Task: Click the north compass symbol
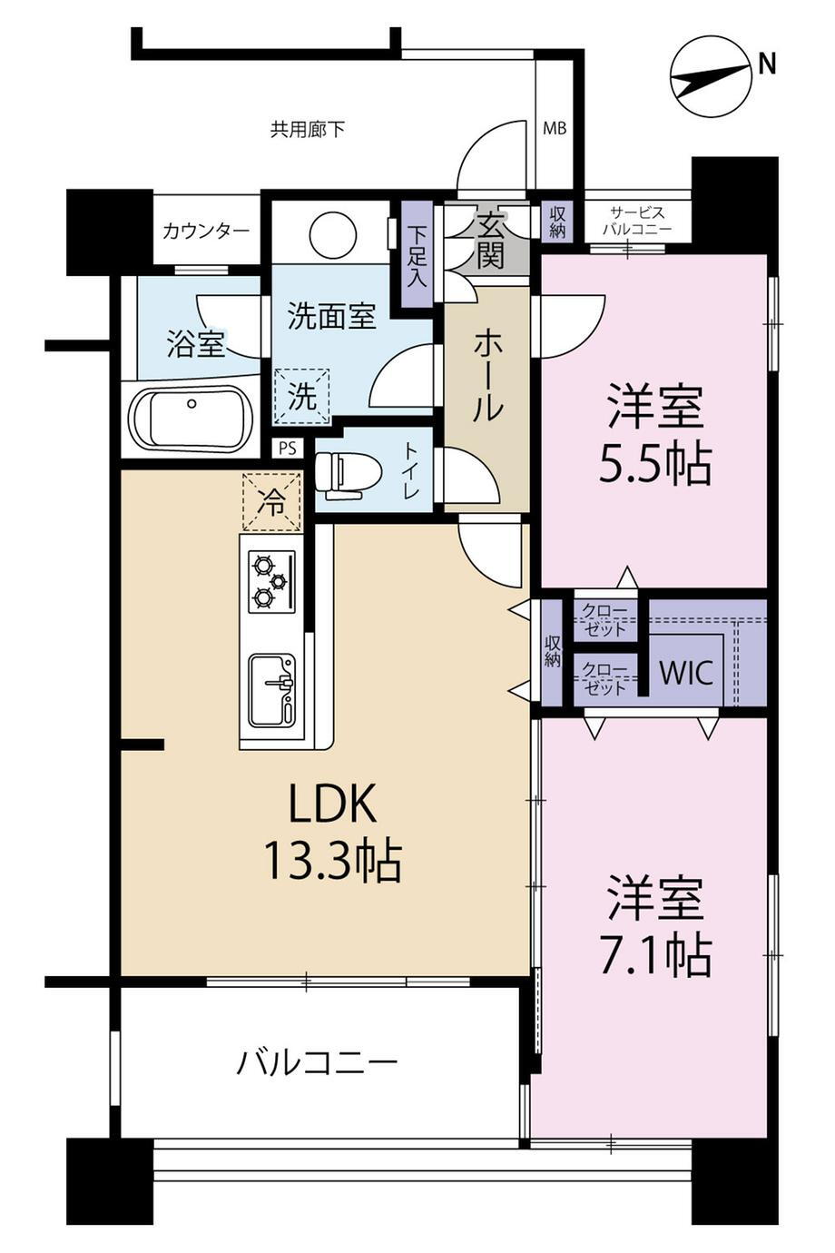tap(711, 76)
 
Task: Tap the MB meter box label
tap(555, 129)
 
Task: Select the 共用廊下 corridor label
tap(307, 131)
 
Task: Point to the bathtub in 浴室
tap(192, 418)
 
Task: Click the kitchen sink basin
tap(272, 690)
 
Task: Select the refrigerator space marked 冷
tap(271, 502)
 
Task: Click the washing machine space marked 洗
tap(301, 397)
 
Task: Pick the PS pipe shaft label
tap(287, 448)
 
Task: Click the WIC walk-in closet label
tap(686, 673)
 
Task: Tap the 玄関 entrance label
tap(490, 242)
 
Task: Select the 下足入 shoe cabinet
tap(417, 254)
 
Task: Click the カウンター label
tap(206, 231)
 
